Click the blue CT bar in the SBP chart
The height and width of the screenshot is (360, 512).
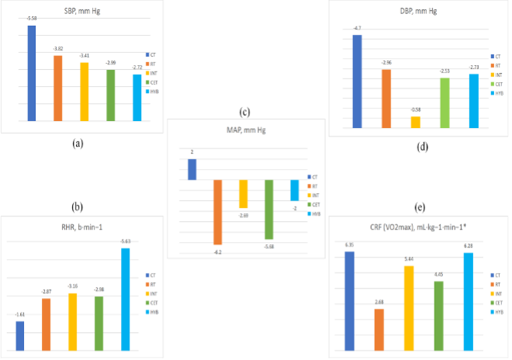coord(32,73)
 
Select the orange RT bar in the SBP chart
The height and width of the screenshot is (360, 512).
coord(57,88)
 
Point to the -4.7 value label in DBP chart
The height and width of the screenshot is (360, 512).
coord(357,29)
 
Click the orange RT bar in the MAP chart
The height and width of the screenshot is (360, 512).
coord(217,212)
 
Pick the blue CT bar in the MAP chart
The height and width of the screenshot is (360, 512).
coord(192,169)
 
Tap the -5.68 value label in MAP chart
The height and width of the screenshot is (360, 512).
coord(268,246)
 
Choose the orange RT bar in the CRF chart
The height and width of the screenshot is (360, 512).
coord(379,330)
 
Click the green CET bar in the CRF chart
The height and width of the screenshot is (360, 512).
coord(438,316)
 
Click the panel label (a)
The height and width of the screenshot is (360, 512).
coord(77,143)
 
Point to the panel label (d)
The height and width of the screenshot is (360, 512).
coord(422,146)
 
